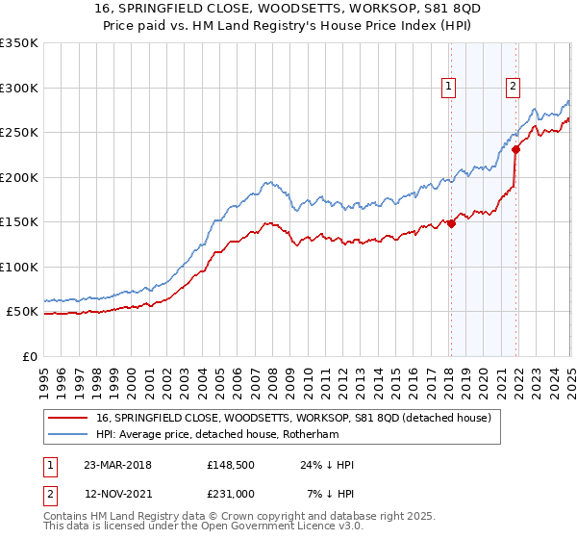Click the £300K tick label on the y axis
(19, 88)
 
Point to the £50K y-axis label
(22, 312)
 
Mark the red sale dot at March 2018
(451, 223)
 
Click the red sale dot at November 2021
(515, 149)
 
